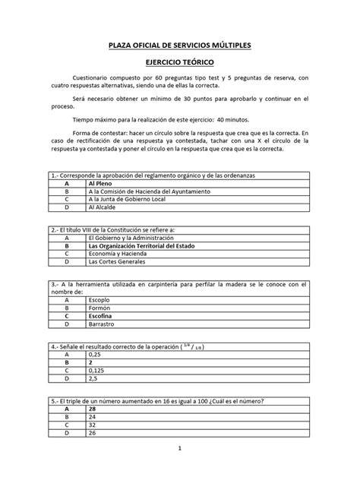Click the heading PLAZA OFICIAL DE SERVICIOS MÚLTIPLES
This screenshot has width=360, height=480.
179,46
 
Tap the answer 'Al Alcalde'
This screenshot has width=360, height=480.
105,207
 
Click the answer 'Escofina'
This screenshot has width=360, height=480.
103,315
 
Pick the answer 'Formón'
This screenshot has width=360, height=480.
101,308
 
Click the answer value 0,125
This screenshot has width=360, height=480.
97,370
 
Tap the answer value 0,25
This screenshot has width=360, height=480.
95,355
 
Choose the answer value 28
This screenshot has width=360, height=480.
93,409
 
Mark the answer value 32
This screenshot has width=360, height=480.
93,425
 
